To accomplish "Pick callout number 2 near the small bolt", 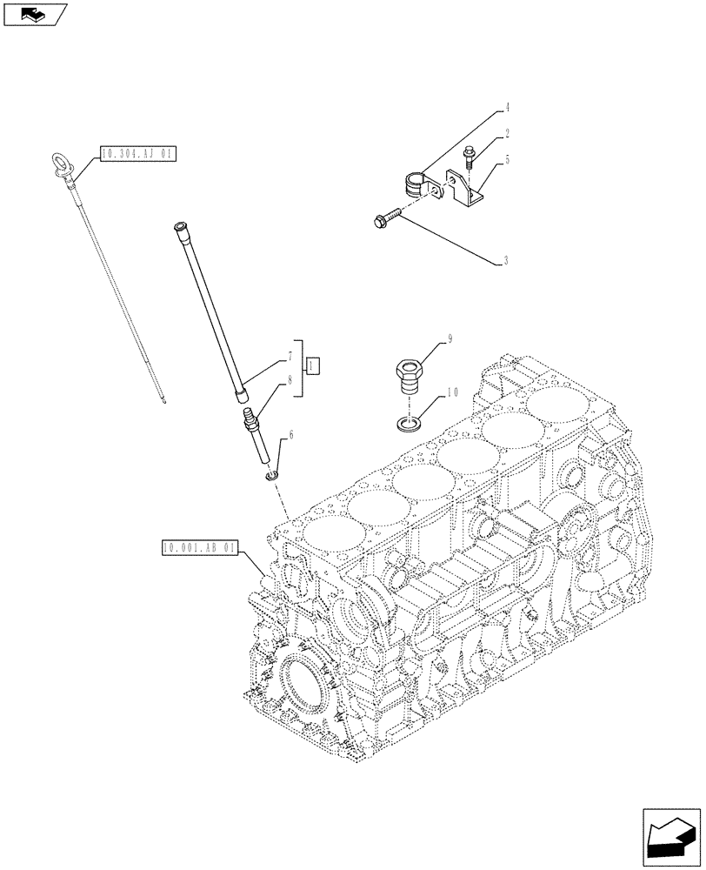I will tap(506, 134).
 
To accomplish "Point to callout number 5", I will tap(506, 159).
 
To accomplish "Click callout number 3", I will tap(506, 260).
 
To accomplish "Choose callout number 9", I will tap(451, 341).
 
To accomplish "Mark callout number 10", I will tap(451, 393).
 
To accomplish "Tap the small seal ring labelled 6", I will tap(271, 475).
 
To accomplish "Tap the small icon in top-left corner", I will tap(35, 14).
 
